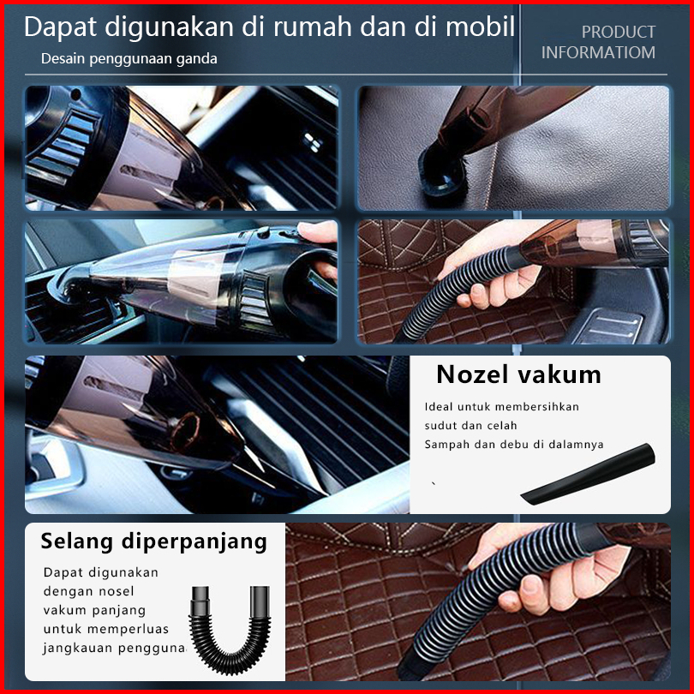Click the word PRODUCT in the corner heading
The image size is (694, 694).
click(619, 32)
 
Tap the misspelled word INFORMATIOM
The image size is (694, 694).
click(598, 52)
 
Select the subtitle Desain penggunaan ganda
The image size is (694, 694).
click(129, 59)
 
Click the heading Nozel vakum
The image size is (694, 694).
click(518, 374)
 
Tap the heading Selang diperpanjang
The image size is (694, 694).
click(154, 541)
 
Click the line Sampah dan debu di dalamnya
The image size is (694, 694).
click(514, 445)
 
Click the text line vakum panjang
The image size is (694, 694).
click(94, 610)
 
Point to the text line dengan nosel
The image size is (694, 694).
click(88, 591)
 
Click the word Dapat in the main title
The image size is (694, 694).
click(60, 27)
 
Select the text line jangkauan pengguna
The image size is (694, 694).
click(114, 649)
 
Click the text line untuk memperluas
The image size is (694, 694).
click(106, 629)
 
